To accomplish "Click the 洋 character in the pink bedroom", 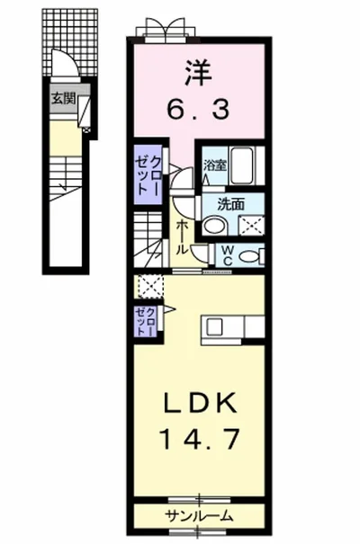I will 201,69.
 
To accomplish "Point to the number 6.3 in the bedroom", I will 201,110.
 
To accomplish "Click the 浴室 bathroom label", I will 214,165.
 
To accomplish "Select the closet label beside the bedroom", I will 149,173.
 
